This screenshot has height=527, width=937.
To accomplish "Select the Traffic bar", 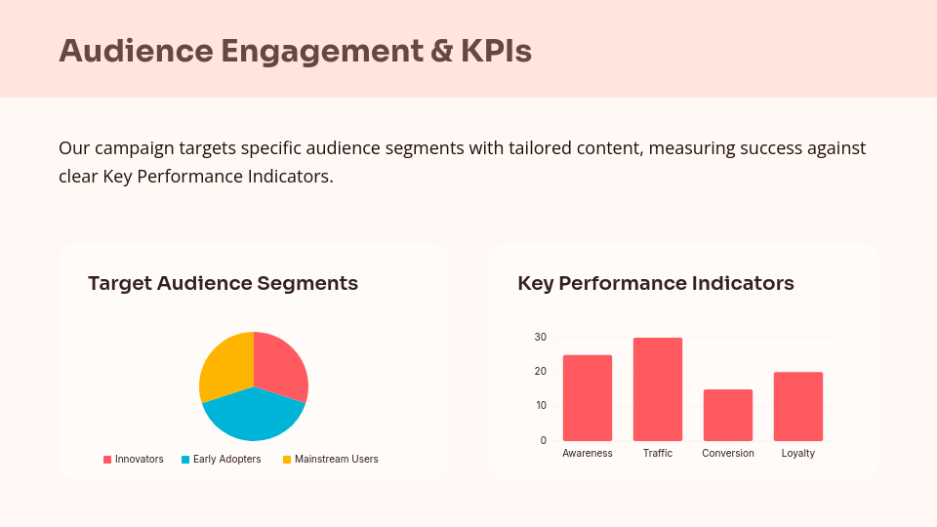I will point(658,389).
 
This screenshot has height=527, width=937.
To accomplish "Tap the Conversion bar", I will point(728,415).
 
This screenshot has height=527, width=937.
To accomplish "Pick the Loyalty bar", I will point(798,406).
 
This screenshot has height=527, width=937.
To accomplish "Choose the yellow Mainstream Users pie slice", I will point(224,365).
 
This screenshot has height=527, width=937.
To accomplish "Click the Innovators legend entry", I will point(134,459).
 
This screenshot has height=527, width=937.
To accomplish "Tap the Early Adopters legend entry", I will point(222,459).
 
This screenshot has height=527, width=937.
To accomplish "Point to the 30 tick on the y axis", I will point(541,338).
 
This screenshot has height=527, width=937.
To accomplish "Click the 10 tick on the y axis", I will point(541,406).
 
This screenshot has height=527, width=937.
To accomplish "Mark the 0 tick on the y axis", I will point(544,440).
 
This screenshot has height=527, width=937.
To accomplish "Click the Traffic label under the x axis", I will point(658,453).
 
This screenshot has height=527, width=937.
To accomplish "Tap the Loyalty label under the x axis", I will point(798,453).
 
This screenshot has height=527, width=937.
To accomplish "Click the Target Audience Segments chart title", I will point(223,283).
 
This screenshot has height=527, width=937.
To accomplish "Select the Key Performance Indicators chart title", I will point(656,283).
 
